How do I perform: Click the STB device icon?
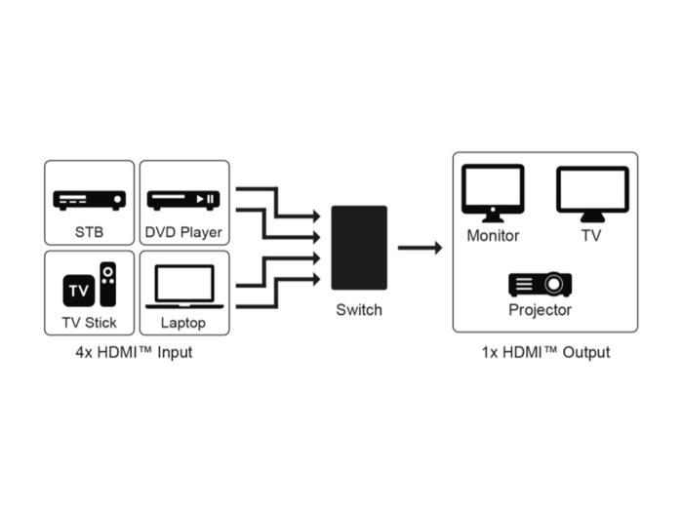(89, 199)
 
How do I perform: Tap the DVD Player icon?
(183, 199)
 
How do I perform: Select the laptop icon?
(183, 287)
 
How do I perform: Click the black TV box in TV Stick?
(77, 290)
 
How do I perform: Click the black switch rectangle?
(359, 248)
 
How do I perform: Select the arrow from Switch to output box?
(420, 248)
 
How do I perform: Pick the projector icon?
(540, 284)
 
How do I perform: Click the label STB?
(89, 233)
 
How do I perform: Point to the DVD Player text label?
(183, 233)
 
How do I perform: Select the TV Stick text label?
(89, 323)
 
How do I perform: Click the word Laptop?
(183, 323)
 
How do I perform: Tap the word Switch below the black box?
(359, 310)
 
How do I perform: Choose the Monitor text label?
(493, 235)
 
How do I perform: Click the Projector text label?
(540, 310)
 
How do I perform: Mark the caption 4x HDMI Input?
(135, 352)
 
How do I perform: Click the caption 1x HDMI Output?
(545, 352)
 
